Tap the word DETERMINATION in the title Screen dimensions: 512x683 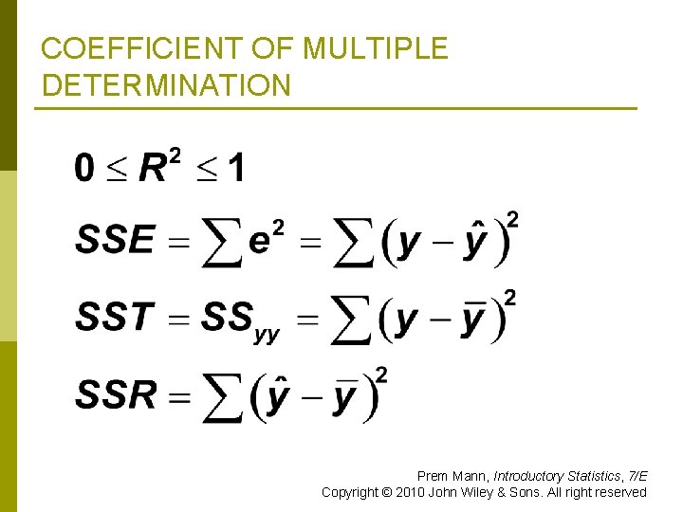(167, 86)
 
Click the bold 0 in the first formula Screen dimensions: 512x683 (84, 169)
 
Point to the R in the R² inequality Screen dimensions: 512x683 (152, 169)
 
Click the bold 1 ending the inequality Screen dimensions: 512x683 (236, 169)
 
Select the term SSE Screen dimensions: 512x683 (115, 241)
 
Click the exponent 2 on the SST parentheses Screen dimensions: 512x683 (509, 297)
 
